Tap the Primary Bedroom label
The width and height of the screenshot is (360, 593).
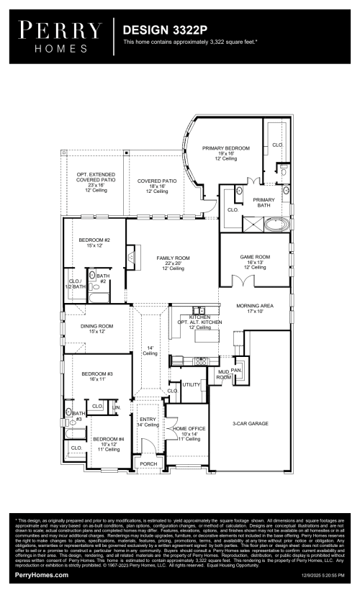[226, 148]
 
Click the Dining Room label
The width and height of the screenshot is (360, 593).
[97, 326]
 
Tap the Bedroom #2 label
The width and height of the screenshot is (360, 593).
[95, 240]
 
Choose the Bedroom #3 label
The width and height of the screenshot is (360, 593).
[96, 374]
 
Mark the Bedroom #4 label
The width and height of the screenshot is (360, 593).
[108, 439]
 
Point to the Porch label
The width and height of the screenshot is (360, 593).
[148, 464]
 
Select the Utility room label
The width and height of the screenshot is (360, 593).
[191, 385]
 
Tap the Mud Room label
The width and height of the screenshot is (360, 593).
[224, 374]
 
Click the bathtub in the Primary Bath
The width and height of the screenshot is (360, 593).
[275, 225]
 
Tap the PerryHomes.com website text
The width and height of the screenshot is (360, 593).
[42, 575]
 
